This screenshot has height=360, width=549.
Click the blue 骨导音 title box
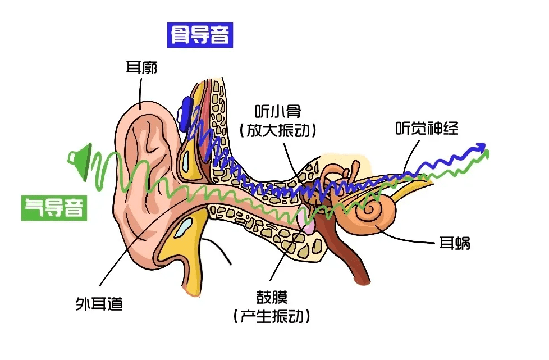(200, 35)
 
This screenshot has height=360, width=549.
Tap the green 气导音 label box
(54, 207)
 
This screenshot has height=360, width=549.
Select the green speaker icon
(80, 161)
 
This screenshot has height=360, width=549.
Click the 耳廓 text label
(141, 69)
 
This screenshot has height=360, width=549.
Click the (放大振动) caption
(277, 130)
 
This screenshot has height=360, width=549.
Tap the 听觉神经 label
(427, 128)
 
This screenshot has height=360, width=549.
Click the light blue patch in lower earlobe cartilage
(184, 226)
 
